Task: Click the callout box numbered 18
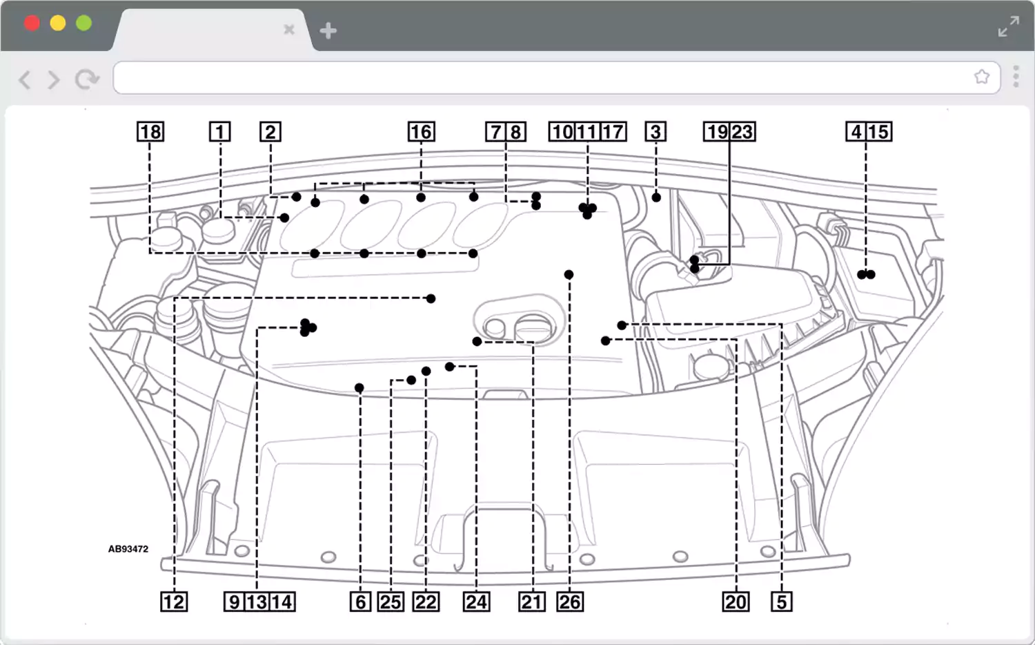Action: tap(150, 131)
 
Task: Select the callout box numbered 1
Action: tap(220, 131)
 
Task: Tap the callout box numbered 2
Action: tap(270, 131)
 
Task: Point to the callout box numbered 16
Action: tap(421, 131)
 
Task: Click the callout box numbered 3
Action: tap(655, 131)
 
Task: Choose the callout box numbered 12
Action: tap(173, 601)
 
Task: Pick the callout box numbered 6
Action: tap(360, 601)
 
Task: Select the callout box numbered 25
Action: tap(391, 601)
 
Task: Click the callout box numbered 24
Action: tap(476, 601)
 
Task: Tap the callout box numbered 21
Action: tap(532, 601)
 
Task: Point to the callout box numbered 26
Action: tap(570, 601)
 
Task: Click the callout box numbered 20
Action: tap(736, 601)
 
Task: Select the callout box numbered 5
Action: tap(781, 601)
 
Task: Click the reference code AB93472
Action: tap(128, 549)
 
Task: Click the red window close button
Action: tap(32, 23)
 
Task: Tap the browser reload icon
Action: tap(87, 79)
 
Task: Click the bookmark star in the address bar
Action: tap(981, 77)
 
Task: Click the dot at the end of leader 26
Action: tap(569, 275)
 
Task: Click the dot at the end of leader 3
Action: tap(656, 198)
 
